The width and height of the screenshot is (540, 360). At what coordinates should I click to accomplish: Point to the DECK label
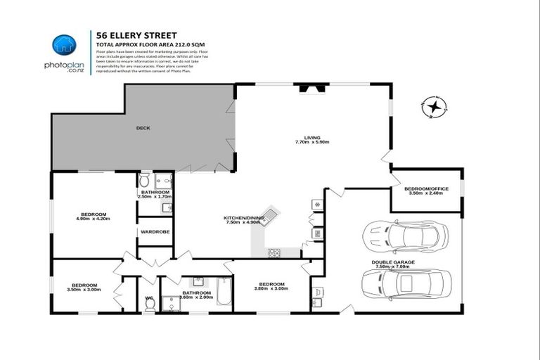[143, 128]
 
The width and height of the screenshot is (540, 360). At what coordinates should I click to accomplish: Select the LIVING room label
[312, 137]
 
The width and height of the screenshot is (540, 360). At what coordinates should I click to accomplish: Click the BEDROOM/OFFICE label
[426, 188]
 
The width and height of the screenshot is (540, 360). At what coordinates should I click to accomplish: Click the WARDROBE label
[155, 231]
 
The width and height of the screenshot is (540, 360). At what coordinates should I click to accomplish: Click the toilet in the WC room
[149, 304]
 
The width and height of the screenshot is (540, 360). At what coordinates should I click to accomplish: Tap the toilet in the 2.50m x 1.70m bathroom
[145, 180]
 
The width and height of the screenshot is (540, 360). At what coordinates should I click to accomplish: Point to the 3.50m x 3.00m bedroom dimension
[83, 290]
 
